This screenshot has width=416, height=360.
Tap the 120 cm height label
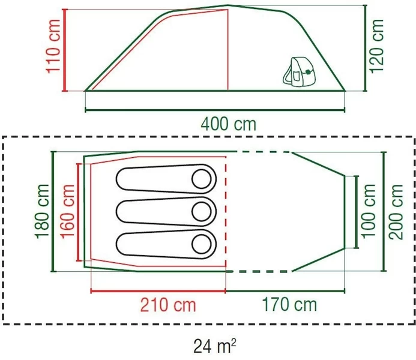(377, 46)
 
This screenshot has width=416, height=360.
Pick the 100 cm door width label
(370, 210)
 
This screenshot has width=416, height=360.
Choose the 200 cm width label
(397, 211)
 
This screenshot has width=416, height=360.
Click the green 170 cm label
(289, 305)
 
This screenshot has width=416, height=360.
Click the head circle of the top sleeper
(202, 179)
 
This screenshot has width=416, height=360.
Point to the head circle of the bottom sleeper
(202, 244)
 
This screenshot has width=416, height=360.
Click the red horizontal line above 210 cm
(157, 292)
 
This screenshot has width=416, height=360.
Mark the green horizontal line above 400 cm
(216, 110)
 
